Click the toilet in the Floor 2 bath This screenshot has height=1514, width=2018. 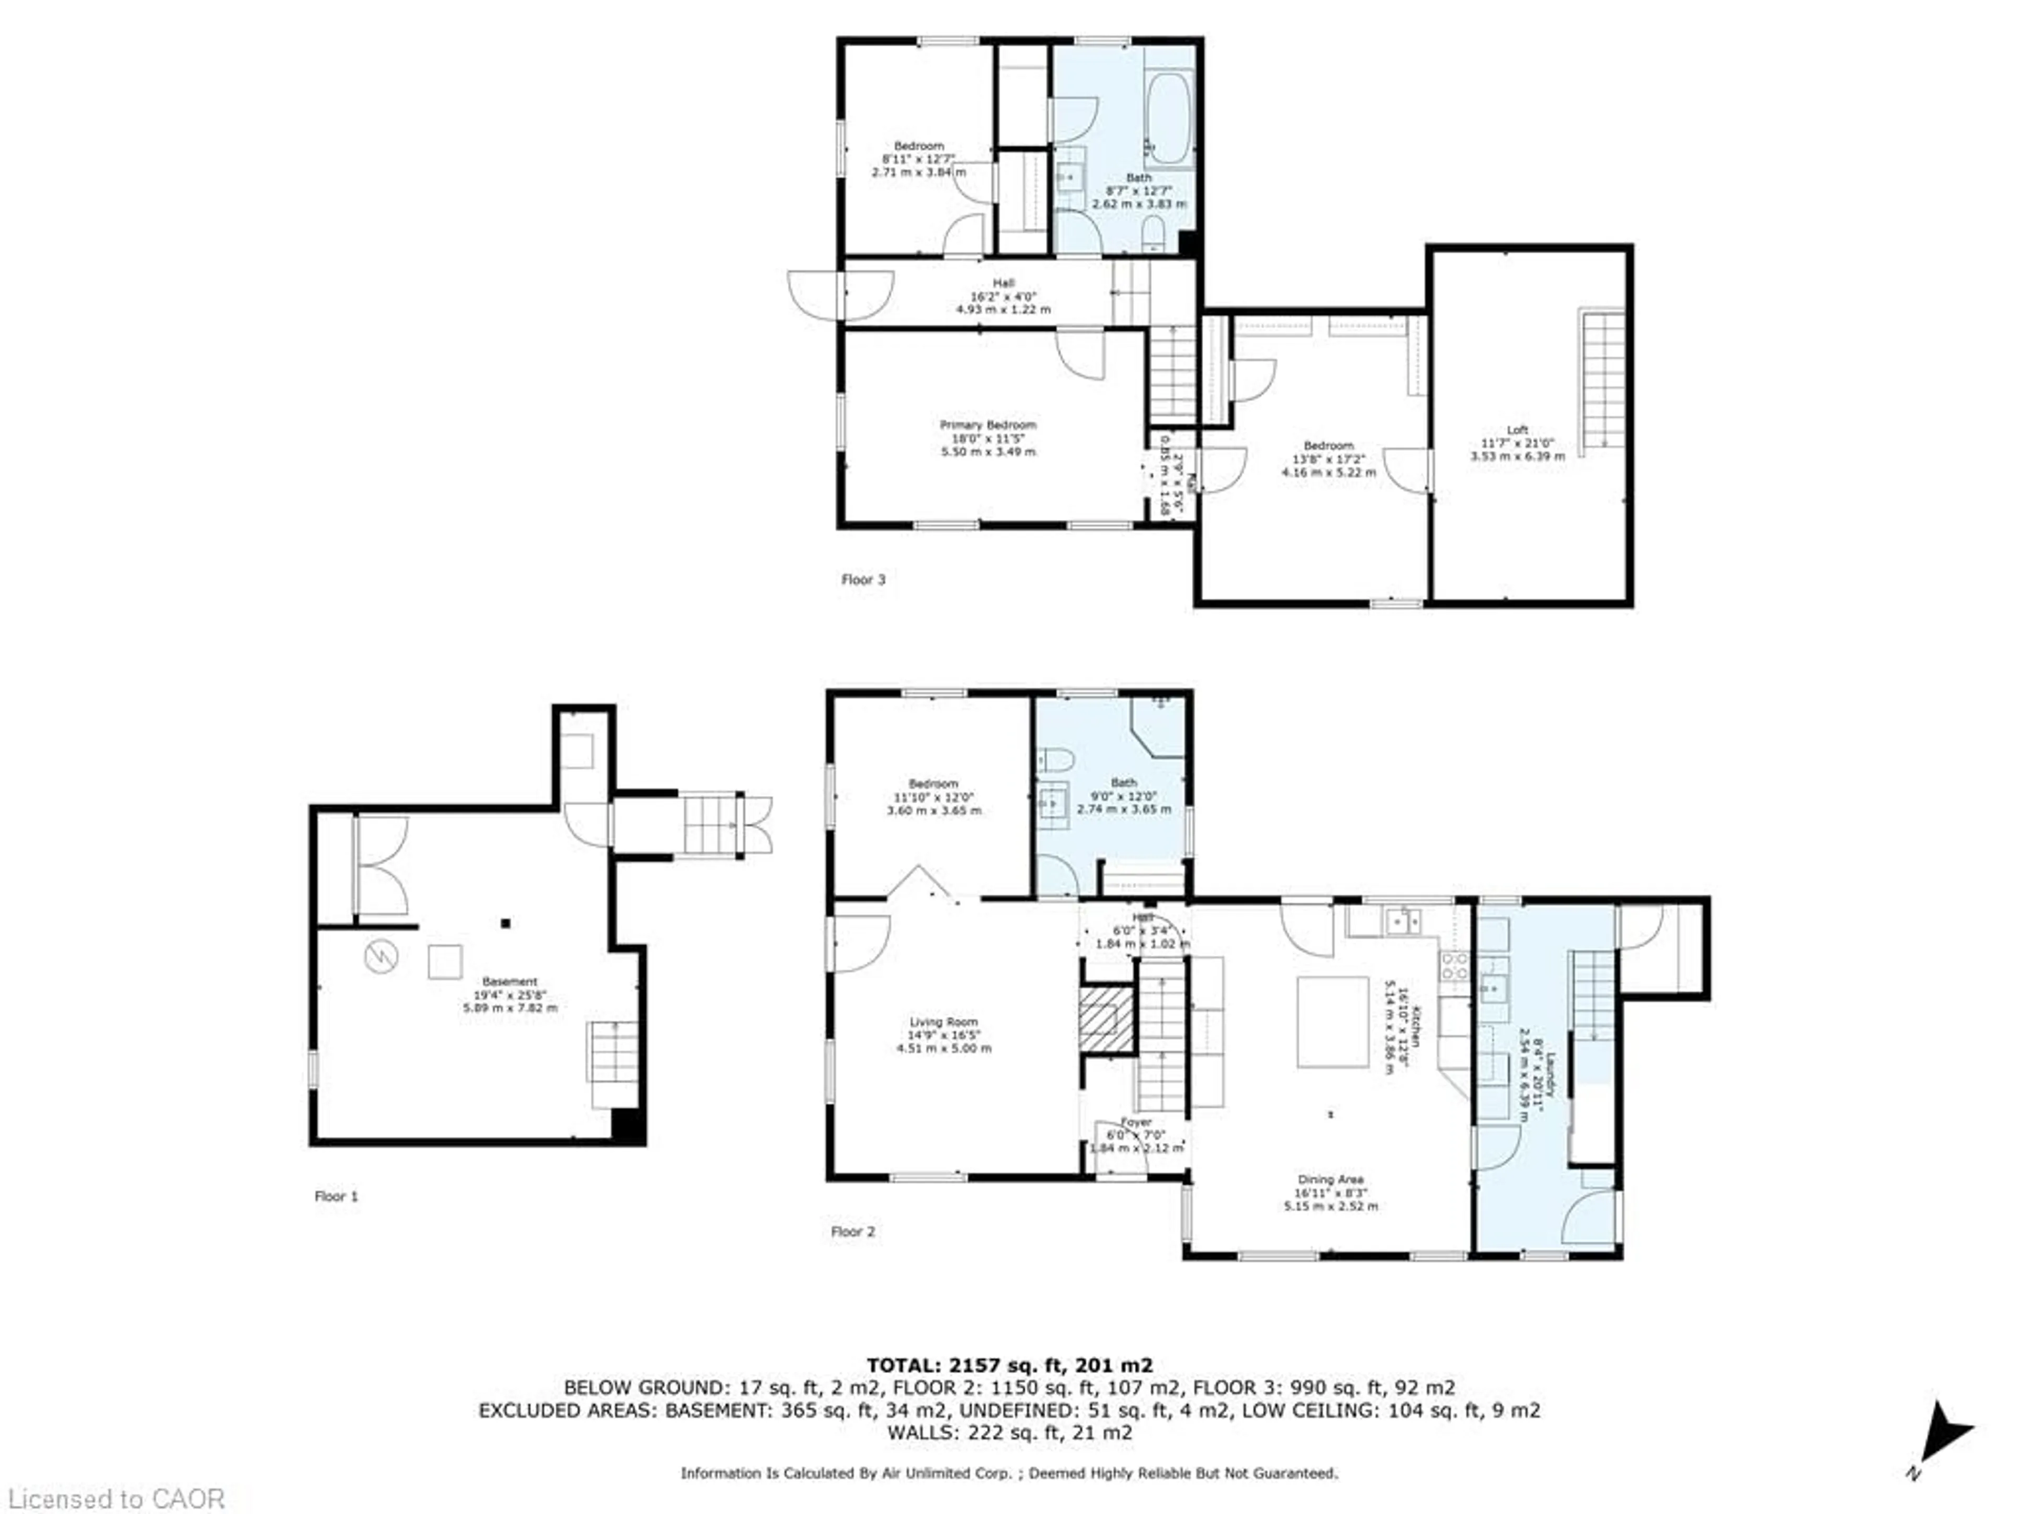(x=1056, y=759)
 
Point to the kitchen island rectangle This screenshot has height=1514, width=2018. (x=1333, y=1021)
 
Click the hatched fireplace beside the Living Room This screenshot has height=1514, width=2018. (x=1106, y=1018)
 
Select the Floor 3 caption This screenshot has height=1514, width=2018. (x=863, y=579)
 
